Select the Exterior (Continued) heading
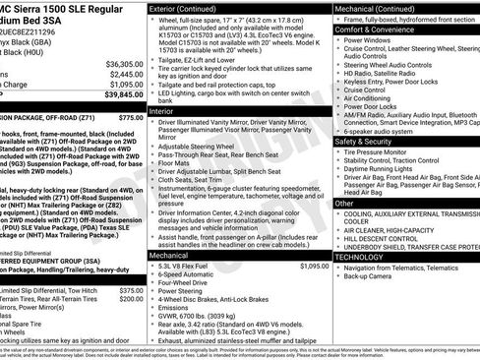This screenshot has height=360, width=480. coord(190,8)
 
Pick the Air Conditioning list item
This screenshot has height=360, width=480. coord(375,98)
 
